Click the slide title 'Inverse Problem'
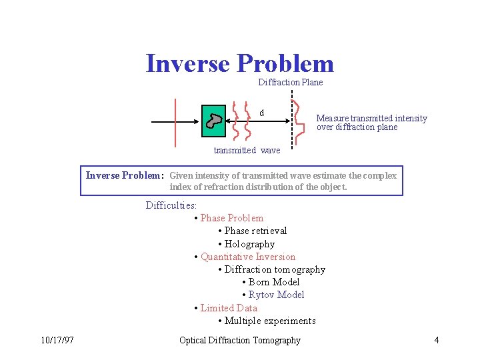click(239, 63)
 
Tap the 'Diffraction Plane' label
click(290, 83)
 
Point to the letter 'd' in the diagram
click(261, 113)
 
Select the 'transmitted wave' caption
click(247, 150)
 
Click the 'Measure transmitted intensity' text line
click(371, 118)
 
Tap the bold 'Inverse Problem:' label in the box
click(125, 176)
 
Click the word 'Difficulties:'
click(171, 205)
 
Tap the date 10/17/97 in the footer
click(57, 341)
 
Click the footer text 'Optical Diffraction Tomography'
click(240, 341)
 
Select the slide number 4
click(436, 341)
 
